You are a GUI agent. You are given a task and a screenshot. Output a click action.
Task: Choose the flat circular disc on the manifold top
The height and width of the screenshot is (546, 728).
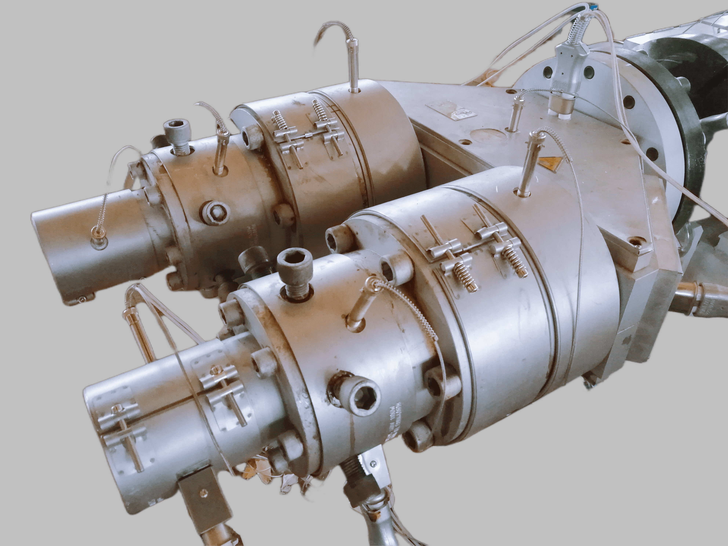pyautogui.click(x=489, y=135)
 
